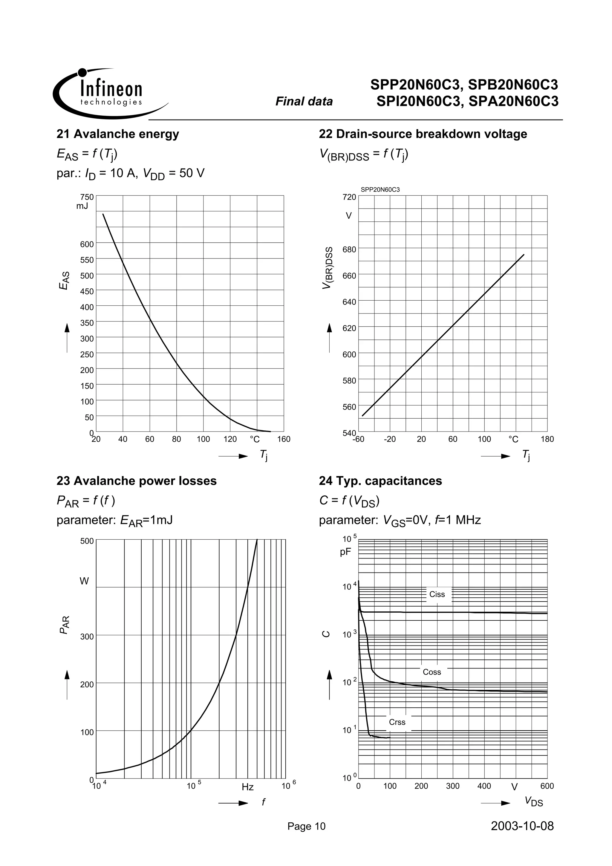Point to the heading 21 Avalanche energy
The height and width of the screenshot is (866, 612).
tap(118, 134)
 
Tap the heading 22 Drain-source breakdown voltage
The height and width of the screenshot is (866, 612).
tap(423, 134)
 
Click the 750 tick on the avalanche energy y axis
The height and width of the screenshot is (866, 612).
tap(87, 197)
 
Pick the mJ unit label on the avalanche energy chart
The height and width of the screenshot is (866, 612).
tap(82, 206)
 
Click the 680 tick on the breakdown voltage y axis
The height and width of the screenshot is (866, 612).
tap(349, 249)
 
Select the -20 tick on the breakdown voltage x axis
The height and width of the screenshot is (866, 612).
tap(390, 439)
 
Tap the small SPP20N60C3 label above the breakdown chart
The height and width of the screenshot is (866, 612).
tap(380, 190)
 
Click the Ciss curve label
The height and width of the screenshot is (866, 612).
tap(437, 594)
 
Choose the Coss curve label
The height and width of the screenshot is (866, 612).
tap(432, 672)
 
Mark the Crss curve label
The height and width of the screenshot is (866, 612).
tap(397, 722)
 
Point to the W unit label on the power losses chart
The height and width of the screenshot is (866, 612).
tap(84, 581)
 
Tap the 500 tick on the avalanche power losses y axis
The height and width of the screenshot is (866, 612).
tap(87, 541)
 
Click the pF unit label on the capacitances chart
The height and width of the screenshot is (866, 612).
tap(345, 552)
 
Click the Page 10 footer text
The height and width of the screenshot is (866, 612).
tap(306, 826)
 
